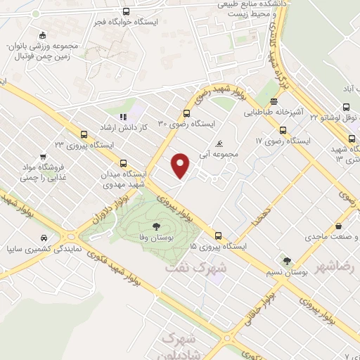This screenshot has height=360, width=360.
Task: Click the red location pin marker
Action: click(181, 165)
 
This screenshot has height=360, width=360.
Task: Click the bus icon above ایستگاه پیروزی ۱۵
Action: click(219, 236)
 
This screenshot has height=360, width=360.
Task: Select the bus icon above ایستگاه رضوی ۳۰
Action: click(186, 113)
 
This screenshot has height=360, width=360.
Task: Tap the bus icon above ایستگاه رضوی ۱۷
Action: click(283, 130)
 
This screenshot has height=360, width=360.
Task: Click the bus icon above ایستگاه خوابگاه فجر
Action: click(126, 11)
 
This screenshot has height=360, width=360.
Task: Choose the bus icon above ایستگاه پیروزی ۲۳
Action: click(84, 134)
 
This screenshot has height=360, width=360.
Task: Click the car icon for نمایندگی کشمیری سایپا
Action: click(44, 238)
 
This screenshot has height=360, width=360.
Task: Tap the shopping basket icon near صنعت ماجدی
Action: click(340, 227)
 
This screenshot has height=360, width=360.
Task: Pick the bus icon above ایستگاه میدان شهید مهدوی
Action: click(124, 162)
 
